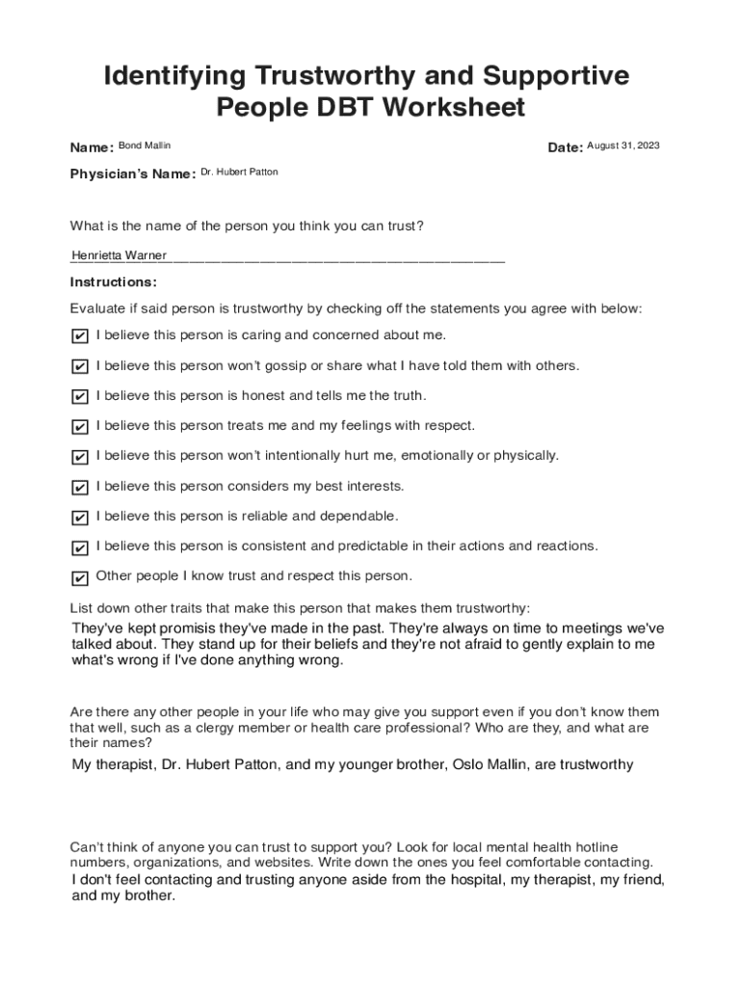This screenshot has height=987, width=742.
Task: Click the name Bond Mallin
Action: coord(145,146)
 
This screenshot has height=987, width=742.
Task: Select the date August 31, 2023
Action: coord(623,146)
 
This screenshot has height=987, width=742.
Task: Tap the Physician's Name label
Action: coord(133,174)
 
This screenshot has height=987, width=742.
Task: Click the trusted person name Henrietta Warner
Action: coord(119,255)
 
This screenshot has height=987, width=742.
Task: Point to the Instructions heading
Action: coord(114,282)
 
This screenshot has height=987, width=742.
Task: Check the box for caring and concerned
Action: coord(80,337)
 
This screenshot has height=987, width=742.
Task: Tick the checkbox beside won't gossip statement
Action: coord(80,367)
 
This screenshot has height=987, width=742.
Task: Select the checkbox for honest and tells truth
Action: coord(80,397)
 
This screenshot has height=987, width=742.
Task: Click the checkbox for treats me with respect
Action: coord(80,427)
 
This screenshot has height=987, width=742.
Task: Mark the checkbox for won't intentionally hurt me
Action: coord(80,457)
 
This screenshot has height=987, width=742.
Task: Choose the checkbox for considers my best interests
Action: coord(80,488)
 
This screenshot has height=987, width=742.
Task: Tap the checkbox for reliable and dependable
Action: coord(80,518)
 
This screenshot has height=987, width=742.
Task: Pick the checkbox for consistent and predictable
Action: coord(80,548)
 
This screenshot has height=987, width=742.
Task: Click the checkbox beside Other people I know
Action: coord(80,578)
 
